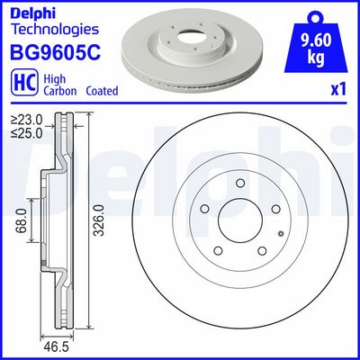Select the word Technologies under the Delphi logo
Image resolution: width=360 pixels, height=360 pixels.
click(47, 29)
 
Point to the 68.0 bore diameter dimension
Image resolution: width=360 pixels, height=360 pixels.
click(31, 218)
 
